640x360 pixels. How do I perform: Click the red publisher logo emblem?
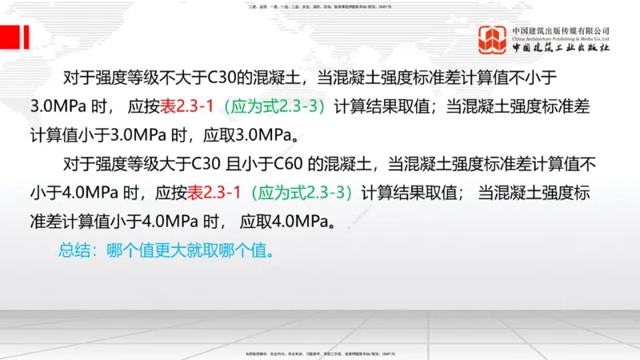point(494,41)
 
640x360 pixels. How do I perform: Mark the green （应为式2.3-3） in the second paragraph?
point(301,192)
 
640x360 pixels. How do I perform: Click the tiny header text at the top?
point(320,6)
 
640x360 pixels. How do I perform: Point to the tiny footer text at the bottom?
point(320,353)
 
